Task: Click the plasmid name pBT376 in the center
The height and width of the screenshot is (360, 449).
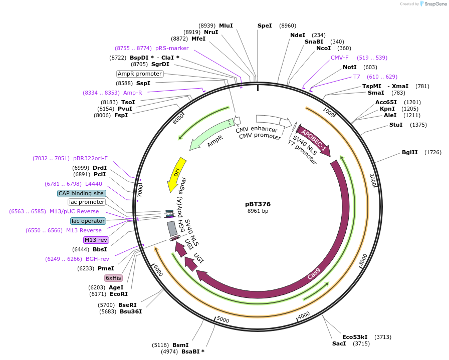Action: click(258, 204)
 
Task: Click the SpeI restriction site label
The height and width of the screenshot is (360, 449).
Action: click(265, 26)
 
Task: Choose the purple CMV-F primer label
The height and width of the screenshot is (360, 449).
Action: click(339, 58)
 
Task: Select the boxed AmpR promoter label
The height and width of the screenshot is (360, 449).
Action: click(140, 74)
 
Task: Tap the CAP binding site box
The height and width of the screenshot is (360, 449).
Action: click(81, 193)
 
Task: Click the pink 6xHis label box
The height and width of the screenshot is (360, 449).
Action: click(113, 278)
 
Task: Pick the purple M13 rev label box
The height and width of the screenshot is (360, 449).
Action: click(96, 240)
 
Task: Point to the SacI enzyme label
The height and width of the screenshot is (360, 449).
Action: click(339, 344)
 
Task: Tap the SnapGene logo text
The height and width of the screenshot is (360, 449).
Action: click(434, 4)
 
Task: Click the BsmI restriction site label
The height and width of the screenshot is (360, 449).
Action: click(180, 345)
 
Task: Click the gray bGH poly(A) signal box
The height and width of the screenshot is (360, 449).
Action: click(172, 228)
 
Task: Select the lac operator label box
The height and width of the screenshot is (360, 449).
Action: click(88, 221)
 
